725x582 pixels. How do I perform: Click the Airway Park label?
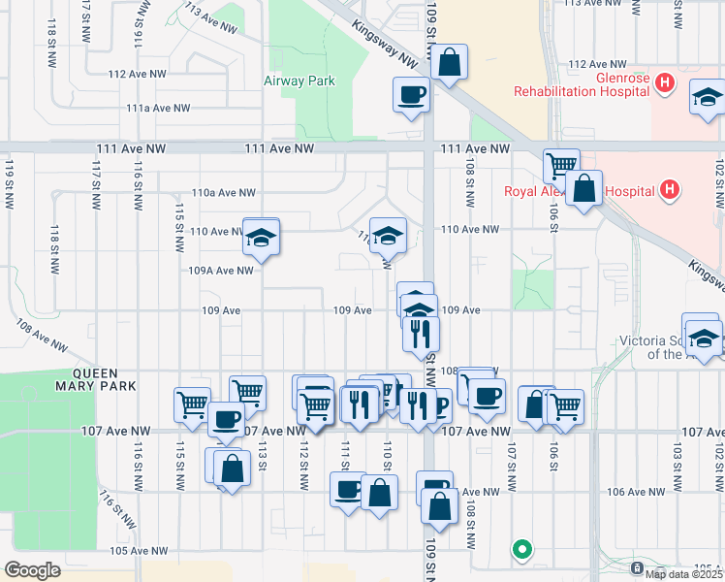tap(299, 81)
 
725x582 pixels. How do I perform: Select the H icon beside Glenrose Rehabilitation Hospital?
tap(664, 84)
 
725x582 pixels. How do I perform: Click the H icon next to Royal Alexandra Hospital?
tap(668, 191)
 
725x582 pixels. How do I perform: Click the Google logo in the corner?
tap(32, 570)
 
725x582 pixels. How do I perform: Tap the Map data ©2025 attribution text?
tap(683, 574)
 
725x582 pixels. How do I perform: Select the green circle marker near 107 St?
tap(522, 550)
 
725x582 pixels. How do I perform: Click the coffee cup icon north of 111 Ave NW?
tap(411, 95)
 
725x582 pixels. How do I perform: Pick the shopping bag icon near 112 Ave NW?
tap(450, 63)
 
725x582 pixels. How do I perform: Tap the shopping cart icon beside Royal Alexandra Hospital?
tap(560, 166)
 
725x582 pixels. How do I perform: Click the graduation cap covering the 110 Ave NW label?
tap(261, 236)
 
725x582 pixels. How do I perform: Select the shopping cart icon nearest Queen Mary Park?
tap(192, 403)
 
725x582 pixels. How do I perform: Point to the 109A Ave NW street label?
tap(220, 271)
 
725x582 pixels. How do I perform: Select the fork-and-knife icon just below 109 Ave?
tap(422, 334)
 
